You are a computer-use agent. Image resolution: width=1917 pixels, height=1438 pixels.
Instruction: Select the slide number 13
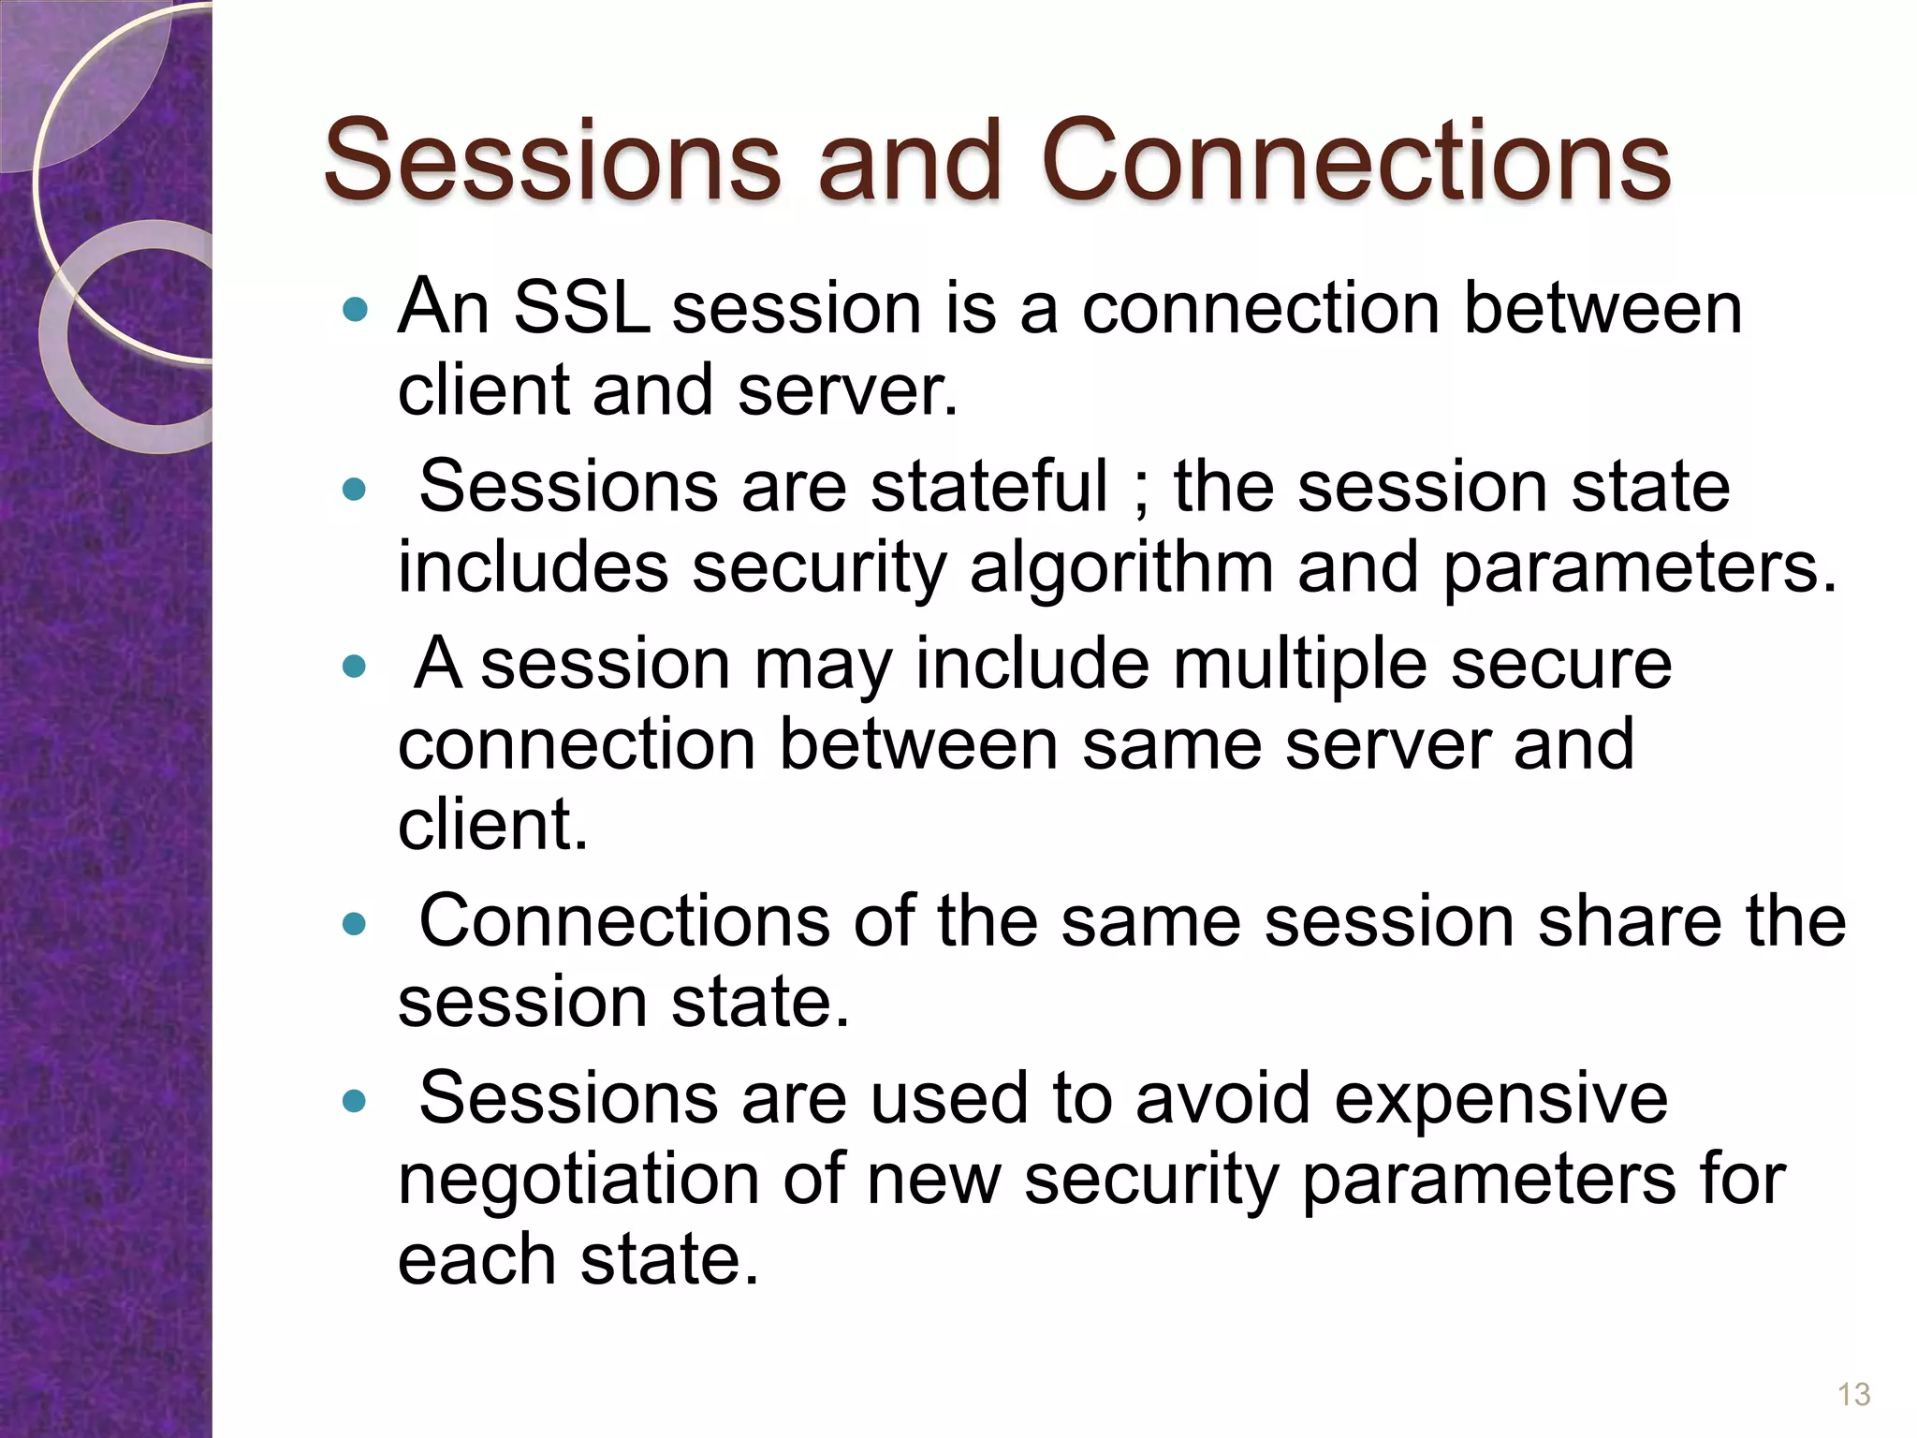1853,1394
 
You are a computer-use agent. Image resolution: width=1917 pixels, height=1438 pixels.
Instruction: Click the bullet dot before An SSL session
355,310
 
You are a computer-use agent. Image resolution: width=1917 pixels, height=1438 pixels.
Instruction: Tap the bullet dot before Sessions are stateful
355,489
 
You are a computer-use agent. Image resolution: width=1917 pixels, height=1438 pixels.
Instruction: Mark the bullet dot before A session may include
355,667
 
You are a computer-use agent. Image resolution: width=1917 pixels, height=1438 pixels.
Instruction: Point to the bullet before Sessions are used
355,1101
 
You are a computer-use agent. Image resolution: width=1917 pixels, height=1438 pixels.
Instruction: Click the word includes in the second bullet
533,567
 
